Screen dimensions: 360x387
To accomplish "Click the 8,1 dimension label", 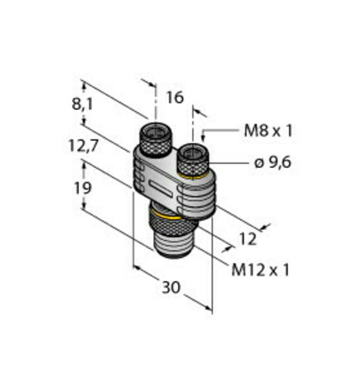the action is pos(82,104).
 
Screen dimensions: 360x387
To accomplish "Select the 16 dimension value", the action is pos(175,98).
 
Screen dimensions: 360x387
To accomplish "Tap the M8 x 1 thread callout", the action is pos(268,131).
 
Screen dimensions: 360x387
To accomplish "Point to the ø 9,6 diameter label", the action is pos(273,163).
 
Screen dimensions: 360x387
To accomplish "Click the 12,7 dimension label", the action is pos(84,146).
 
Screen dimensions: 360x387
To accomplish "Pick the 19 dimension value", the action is pos(83,188).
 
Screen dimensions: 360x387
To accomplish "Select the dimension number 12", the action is pos(248,239).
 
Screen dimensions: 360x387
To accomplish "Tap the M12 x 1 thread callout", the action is pos(260,270).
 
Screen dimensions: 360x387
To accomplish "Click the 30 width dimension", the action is pos(171,287).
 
